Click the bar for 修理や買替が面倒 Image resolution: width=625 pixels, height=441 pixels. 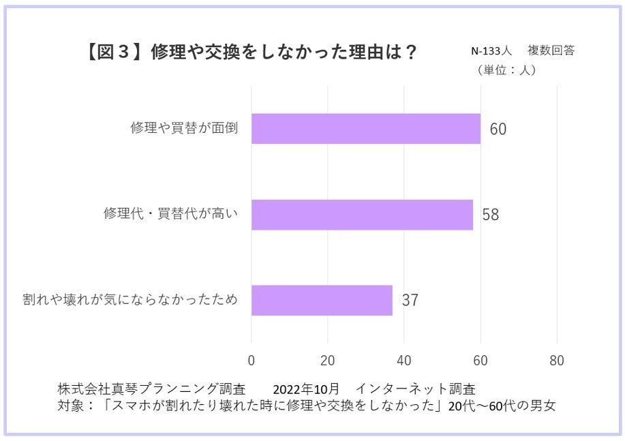point(365,129)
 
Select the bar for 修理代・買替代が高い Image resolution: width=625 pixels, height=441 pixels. point(362,215)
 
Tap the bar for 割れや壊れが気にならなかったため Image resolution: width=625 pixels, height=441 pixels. point(322,301)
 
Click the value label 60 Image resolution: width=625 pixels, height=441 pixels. point(498,130)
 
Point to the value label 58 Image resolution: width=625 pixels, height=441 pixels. point(491,215)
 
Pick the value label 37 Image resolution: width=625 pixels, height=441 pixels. point(410,301)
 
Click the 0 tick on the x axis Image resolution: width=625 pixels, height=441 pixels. point(251,361)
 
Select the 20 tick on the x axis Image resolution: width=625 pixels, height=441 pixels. point(328,361)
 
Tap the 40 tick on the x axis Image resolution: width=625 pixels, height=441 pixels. point(404,361)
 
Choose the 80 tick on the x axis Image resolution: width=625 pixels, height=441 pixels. point(557,361)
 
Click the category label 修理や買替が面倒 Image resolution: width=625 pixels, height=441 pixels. point(184,128)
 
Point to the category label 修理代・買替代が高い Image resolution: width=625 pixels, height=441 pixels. point(170,214)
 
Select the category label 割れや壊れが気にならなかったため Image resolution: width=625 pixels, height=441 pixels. point(130,300)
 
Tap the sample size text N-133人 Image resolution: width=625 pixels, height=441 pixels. point(491,52)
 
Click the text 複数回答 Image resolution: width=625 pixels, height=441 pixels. point(551,52)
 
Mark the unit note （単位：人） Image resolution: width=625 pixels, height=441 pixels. point(506,70)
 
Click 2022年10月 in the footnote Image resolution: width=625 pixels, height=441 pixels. point(306,389)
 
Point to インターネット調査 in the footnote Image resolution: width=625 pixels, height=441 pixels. point(415,389)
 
